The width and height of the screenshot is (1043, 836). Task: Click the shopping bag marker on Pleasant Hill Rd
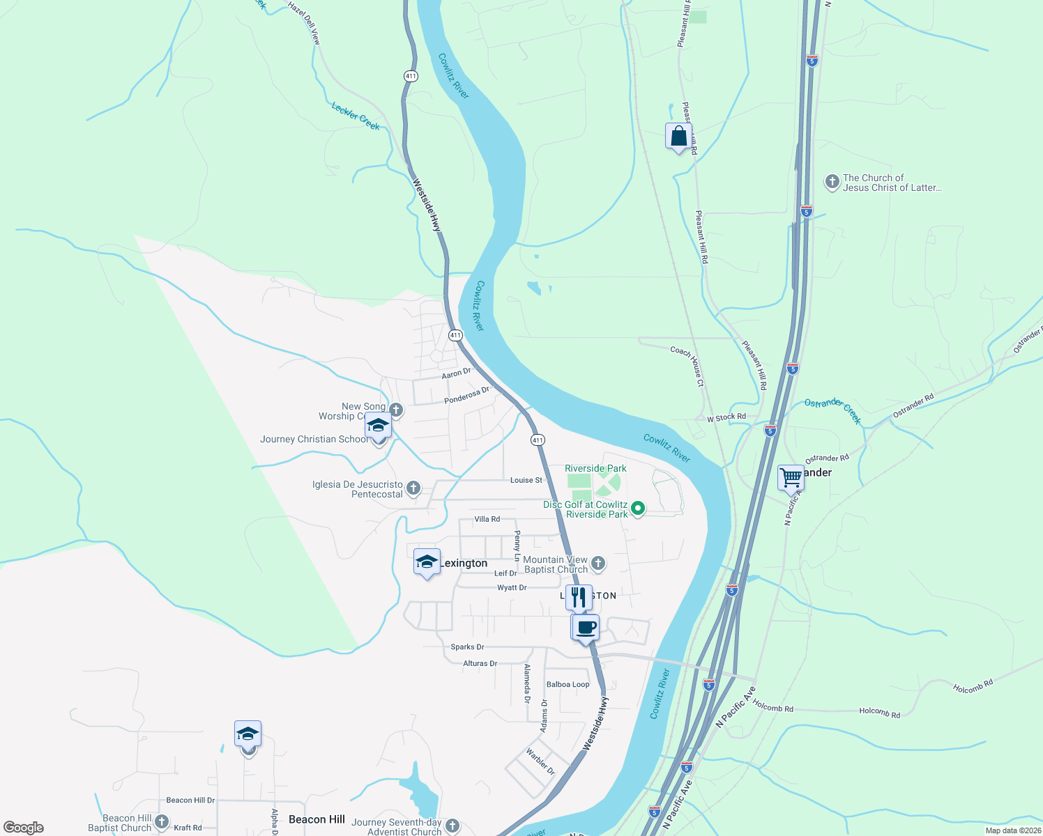[x=678, y=137]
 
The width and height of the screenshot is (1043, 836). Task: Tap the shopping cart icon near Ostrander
[x=791, y=478]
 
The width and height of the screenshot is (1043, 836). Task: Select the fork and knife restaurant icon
[x=579, y=598]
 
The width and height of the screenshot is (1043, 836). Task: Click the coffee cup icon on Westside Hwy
[x=586, y=628]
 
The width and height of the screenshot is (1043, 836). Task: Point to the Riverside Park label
[x=595, y=469]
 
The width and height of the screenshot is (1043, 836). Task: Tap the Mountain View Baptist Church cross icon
[x=598, y=564]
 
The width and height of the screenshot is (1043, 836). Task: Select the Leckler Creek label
[x=356, y=116]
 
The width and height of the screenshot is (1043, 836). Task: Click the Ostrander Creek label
[x=832, y=411]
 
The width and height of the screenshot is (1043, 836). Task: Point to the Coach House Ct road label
[x=687, y=366]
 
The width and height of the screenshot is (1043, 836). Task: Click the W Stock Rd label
[x=726, y=417]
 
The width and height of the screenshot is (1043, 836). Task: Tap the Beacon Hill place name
[x=317, y=819]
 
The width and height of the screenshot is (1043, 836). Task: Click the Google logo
[x=24, y=828]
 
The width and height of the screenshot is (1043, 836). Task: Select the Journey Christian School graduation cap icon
[x=378, y=426]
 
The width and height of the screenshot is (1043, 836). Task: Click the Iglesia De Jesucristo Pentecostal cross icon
[x=413, y=488]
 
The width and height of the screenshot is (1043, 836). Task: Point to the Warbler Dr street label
[x=540, y=762]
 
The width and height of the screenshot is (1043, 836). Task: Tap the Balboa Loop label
[x=568, y=685]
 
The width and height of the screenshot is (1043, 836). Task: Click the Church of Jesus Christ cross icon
[x=832, y=183]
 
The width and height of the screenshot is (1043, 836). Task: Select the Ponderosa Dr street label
[x=466, y=396]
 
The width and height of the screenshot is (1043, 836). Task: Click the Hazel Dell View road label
[x=304, y=23]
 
